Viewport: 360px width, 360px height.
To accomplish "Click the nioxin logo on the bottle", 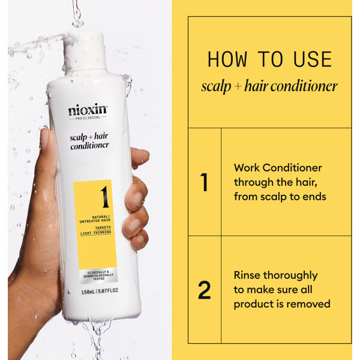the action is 88,110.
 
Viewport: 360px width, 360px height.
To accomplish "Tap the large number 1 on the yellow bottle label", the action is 105,197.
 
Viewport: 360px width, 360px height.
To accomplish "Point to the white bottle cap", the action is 85,53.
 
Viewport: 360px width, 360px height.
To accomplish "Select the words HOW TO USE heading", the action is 269,59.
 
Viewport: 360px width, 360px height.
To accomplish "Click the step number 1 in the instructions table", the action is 204,182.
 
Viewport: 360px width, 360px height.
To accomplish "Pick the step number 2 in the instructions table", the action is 205,290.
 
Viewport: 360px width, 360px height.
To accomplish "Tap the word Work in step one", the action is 247,168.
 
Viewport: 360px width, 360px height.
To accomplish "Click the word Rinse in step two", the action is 247,275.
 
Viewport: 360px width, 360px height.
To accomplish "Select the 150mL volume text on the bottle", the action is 88,292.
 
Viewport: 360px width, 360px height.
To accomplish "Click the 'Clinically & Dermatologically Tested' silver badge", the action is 98,275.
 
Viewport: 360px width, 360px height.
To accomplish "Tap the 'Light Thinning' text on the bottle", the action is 95,233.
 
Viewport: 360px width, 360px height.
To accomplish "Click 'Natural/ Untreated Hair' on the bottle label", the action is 95,219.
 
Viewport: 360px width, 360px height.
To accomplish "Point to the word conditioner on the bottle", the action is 89,146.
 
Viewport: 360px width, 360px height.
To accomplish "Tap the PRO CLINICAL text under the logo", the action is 88,118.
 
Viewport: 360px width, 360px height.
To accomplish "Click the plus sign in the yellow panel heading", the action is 238,86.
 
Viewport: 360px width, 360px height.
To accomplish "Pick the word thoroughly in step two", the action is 290,276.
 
